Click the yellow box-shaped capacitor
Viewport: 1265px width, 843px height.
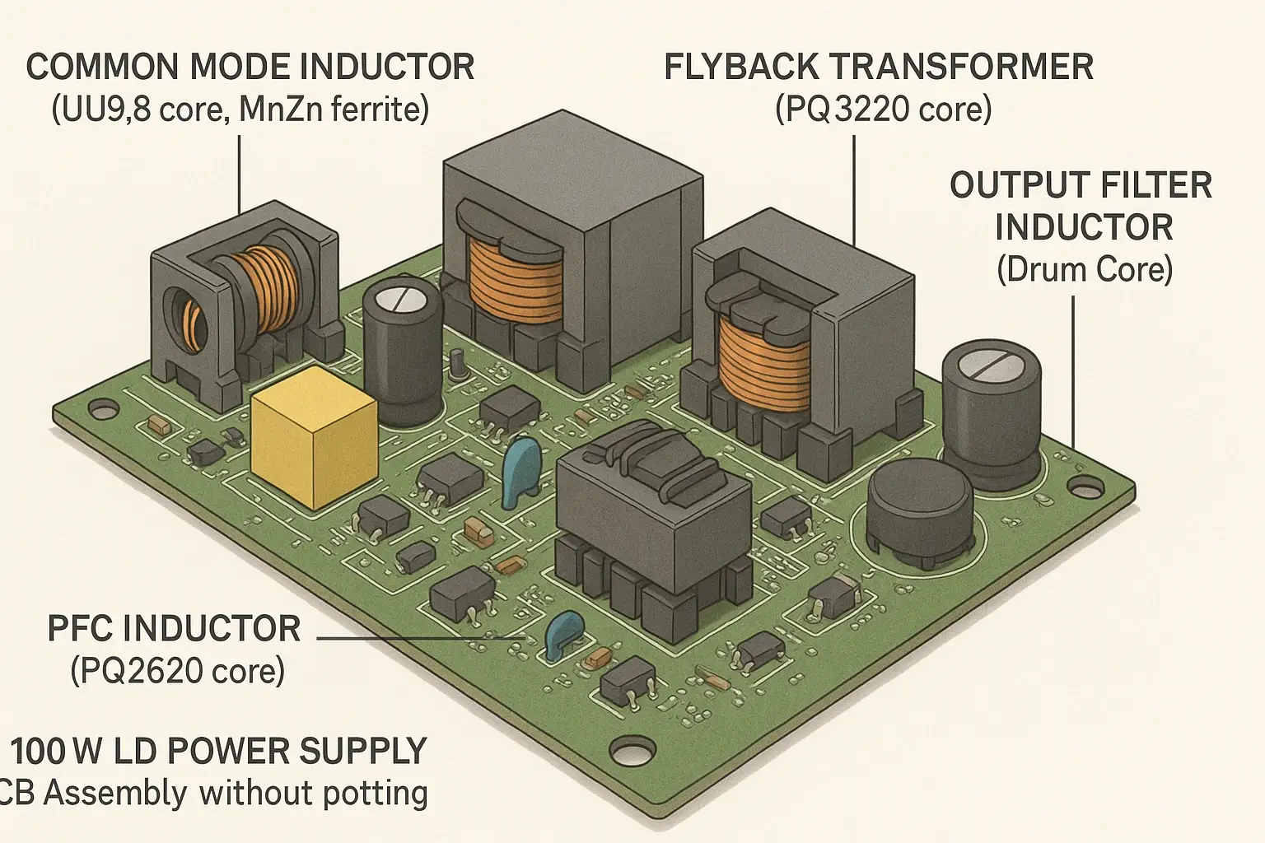[x=314, y=436]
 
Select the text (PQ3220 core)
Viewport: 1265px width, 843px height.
[x=883, y=109]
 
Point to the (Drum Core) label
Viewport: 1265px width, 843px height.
[x=1085, y=269]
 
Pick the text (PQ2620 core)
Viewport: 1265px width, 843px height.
[x=177, y=671]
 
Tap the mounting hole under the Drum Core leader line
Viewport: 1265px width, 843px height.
[x=1085, y=487]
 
